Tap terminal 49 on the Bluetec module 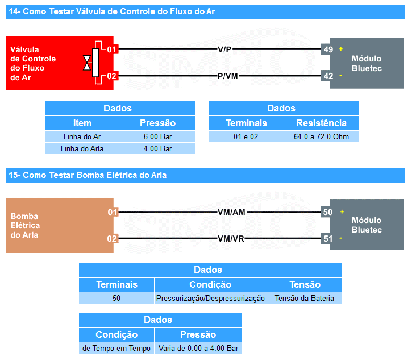(x=328, y=49)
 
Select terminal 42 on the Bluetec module (x=328, y=76)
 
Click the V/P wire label (x=224, y=49)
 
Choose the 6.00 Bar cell (x=157, y=136)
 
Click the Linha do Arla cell (x=82, y=148)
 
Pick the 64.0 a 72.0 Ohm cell (x=321, y=136)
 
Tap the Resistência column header (x=321, y=123)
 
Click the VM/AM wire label (x=231, y=212)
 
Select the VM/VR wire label (x=231, y=238)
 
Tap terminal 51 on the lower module (x=328, y=238)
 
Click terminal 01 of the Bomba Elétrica (x=113, y=212)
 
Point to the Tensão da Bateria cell (x=304, y=298)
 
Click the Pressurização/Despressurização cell (x=210, y=298)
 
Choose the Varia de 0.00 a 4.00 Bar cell (x=198, y=348)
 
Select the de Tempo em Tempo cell (x=116, y=348)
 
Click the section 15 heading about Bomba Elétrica (x=88, y=175)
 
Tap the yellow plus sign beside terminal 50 (x=341, y=212)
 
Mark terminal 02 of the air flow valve (x=111, y=76)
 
